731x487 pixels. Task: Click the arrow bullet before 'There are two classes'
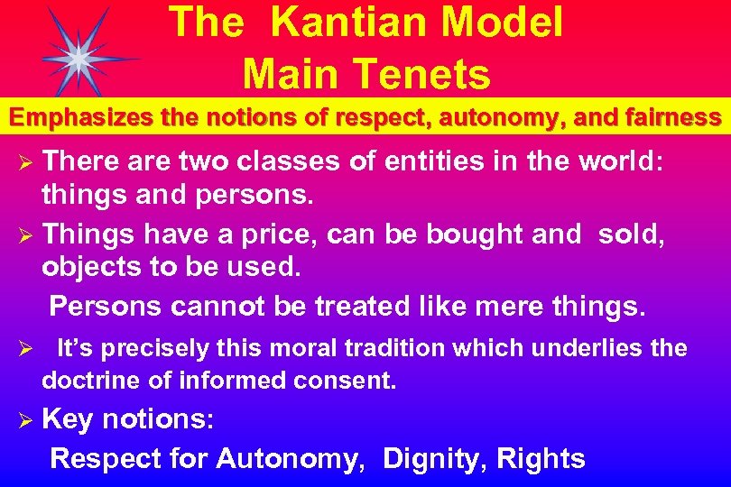(x=27, y=163)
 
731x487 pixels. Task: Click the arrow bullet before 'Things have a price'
(x=27, y=235)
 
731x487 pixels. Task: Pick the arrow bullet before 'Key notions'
(x=27, y=419)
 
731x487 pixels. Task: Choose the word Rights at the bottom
(x=542, y=458)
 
